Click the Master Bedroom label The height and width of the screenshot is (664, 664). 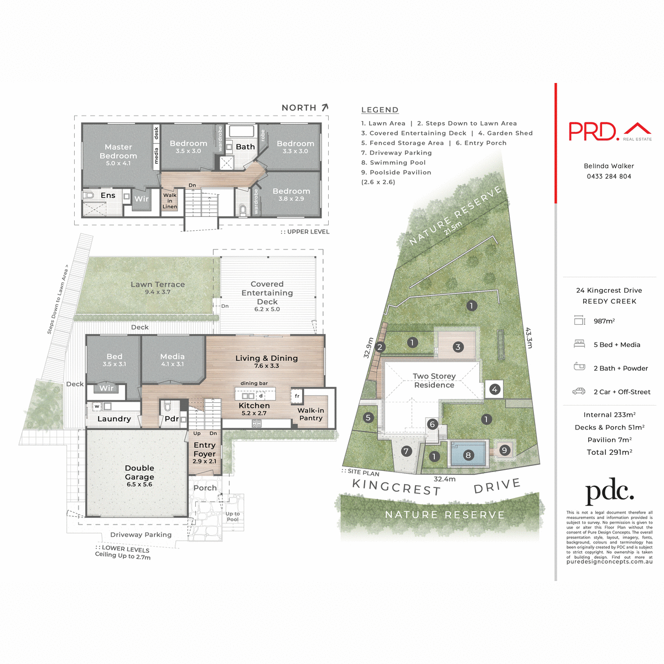pyautogui.click(x=118, y=152)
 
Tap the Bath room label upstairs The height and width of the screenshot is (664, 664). pyautogui.click(x=245, y=147)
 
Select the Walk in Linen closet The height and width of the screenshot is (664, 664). pyautogui.click(x=170, y=201)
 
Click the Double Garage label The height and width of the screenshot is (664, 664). pyautogui.click(x=139, y=473)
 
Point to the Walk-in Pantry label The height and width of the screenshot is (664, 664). pyautogui.click(x=310, y=414)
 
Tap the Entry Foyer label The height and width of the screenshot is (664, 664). pyautogui.click(x=205, y=449)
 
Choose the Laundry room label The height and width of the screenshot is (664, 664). pyautogui.click(x=114, y=419)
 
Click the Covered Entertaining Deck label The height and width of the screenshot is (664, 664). pyautogui.click(x=267, y=293)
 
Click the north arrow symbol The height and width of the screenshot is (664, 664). pyautogui.click(x=325, y=107)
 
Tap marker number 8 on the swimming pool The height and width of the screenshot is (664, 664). pyautogui.click(x=468, y=455)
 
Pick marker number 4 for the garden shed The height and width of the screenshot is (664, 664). pyautogui.click(x=495, y=390)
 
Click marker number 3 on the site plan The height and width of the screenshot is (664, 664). pyautogui.click(x=458, y=347)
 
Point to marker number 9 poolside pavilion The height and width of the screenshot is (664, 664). pyautogui.click(x=504, y=450)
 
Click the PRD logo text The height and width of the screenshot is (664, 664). pyautogui.click(x=593, y=132)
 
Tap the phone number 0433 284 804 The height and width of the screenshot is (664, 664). pyautogui.click(x=609, y=177)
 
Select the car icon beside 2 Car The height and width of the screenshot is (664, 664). pyautogui.click(x=579, y=391)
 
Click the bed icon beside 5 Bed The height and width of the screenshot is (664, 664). pyautogui.click(x=579, y=344)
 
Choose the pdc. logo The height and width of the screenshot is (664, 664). pyautogui.click(x=609, y=492)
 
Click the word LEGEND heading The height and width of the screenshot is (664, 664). pyautogui.click(x=380, y=110)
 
